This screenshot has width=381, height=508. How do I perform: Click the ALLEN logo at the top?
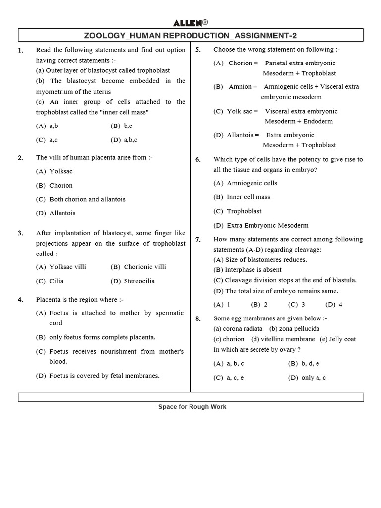point(188,23)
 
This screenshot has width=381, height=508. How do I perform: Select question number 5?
point(198,50)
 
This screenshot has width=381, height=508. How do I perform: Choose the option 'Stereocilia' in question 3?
point(139,281)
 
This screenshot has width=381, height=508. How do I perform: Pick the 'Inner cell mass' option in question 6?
point(248,197)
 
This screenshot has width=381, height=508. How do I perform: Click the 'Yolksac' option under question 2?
point(61,171)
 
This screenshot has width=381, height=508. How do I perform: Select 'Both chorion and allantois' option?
point(87,199)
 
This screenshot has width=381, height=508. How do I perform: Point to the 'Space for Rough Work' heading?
point(192,407)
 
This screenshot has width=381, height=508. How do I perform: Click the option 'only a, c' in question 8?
point(313,378)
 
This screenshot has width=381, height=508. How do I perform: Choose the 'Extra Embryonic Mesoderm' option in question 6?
point(267,225)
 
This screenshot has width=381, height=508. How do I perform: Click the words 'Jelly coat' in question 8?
point(342,339)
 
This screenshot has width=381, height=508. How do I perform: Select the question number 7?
point(198,240)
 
